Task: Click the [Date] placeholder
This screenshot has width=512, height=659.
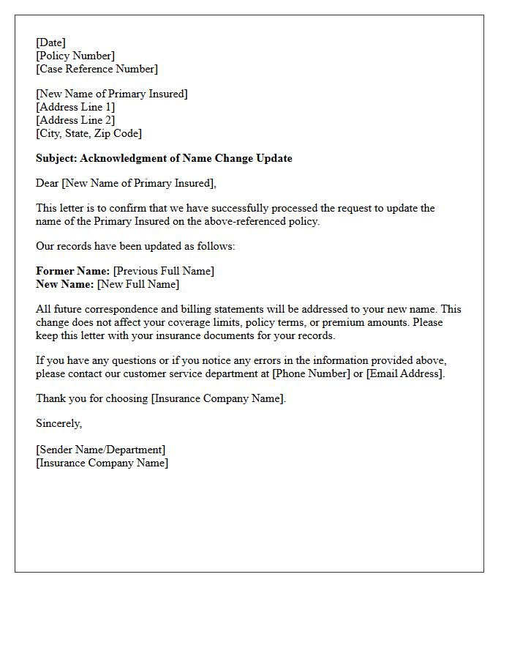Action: pos(50,42)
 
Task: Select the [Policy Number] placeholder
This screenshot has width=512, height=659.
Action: pos(75,56)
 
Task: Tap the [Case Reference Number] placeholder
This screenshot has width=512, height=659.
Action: pos(97,69)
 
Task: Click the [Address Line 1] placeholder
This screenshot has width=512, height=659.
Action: pos(75,107)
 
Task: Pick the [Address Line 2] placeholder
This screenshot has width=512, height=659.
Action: pos(75,120)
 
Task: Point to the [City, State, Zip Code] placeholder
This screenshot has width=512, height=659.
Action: pos(89,133)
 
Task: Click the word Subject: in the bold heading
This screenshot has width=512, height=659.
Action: pos(56,158)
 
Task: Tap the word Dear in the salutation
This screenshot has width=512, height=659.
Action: pos(48,183)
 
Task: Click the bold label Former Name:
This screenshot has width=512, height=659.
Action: pos(72,271)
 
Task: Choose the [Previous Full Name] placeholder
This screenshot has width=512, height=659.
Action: pos(164,271)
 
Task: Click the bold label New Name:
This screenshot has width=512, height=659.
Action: pos(65,284)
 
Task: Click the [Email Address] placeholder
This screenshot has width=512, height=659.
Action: pos(404,373)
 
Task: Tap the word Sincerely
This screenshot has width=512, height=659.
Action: pos(59,423)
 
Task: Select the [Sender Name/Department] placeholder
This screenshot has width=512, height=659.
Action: pos(100,450)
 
